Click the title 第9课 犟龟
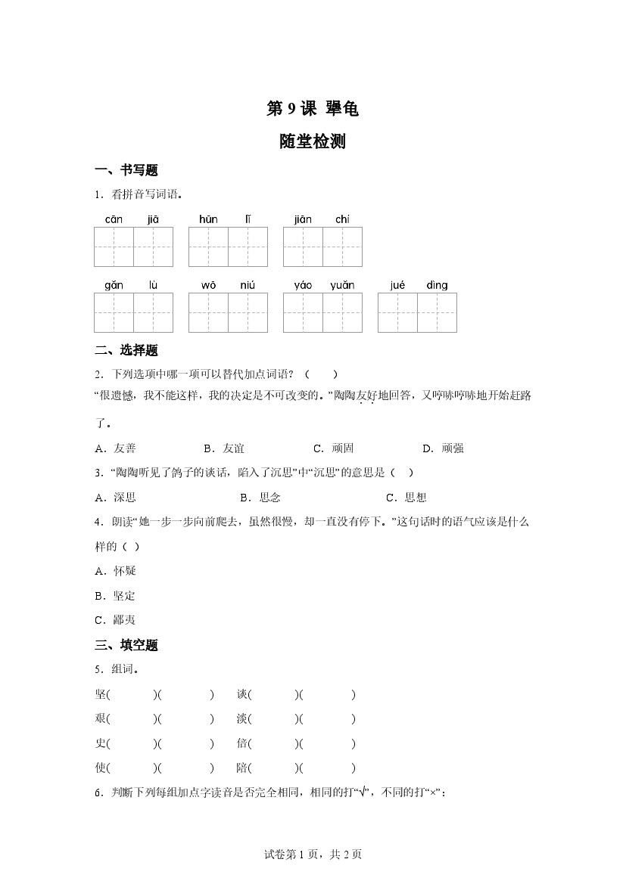(x=312, y=109)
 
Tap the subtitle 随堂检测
(x=312, y=141)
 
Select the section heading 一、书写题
(x=126, y=170)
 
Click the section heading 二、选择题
(x=126, y=350)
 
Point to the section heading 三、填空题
(x=126, y=645)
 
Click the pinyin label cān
(x=114, y=219)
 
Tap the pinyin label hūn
(x=208, y=219)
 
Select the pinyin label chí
(x=342, y=219)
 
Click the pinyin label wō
(x=208, y=285)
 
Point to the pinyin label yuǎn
(x=342, y=285)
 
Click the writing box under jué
(x=397, y=312)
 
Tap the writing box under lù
(x=153, y=312)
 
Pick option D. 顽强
(x=443, y=448)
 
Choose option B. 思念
(x=260, y=497)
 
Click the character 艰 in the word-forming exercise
(x=101, y=718)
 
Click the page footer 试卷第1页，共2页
(x=313, y=855)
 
